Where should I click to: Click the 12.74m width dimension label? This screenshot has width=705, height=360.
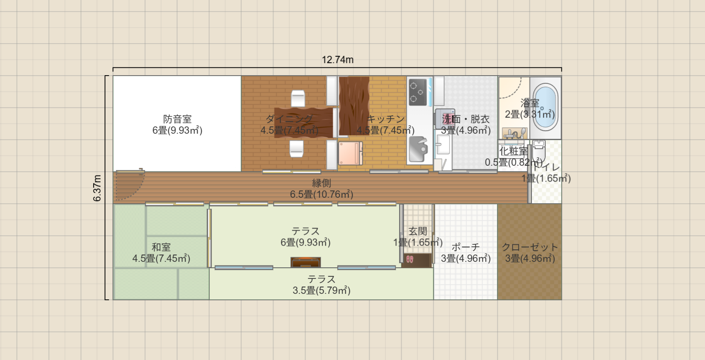pos(338,60)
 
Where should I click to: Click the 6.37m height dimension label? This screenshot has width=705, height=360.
pos(97,188)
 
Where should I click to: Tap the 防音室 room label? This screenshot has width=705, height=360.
pos(177,119)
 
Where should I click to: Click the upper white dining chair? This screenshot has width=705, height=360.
pos(298,98)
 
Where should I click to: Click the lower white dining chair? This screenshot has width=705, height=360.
pos(297,149)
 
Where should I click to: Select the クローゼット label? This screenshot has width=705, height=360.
pos(530,247)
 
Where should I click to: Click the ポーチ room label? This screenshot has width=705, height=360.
pos(465,247)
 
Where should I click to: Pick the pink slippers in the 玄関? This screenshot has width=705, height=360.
pos(410,259)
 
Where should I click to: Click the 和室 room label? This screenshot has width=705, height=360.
pos(161,247)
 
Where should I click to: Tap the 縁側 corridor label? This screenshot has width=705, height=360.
pos(321,183)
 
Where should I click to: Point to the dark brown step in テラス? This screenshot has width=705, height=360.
pos(305,262)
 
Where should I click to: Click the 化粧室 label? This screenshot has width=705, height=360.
pos(513,151)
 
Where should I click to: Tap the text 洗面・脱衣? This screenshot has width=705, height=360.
pos(465,119)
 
